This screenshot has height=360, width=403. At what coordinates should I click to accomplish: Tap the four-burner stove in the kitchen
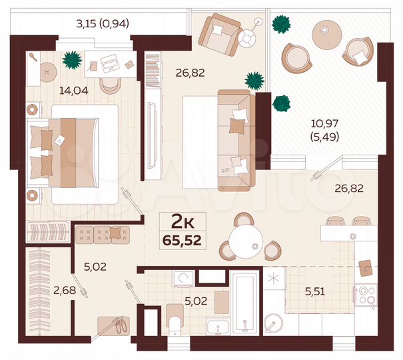[366, 294]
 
